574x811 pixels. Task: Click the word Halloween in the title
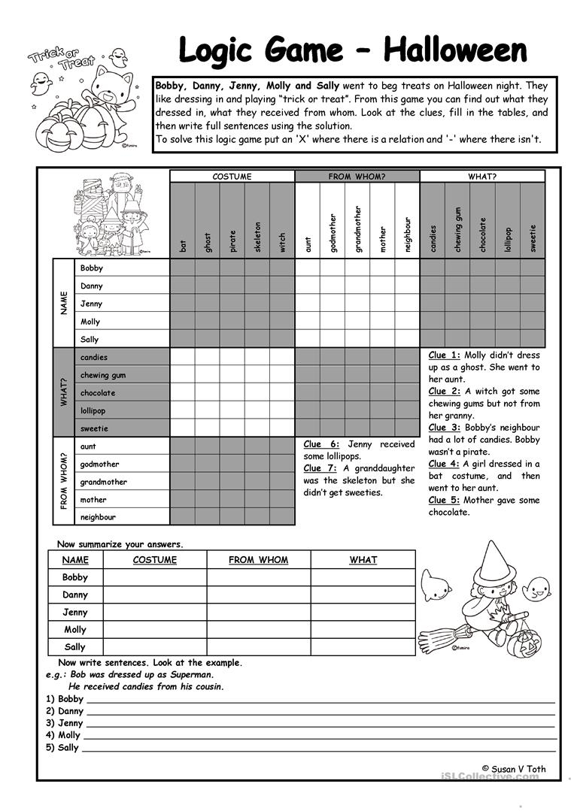click(x=455, y=50)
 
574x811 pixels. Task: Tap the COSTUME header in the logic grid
click(x=232, y=177)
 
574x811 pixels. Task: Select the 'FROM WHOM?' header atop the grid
click(x=357, y=177)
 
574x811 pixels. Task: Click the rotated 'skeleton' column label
click(x=257, y=236)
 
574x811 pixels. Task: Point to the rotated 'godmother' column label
click(x=333, y=233)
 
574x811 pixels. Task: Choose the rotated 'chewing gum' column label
click(x=457, y=229)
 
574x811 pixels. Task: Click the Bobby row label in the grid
click(x=92, y=268)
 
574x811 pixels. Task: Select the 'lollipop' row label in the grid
click(x=93, y=410)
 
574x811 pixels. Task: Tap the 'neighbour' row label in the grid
click(x=98, y=517)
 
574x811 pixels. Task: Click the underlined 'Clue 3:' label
click(x=444, y=428)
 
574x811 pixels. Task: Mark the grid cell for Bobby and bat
click(x=182, y=268)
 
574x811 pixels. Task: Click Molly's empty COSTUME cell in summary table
click(x=155, y=629)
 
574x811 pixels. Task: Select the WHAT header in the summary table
click(x=363, y=560)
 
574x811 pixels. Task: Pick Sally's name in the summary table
click(x=75, y=646)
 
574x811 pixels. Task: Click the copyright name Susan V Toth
click(x=519, y=769)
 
